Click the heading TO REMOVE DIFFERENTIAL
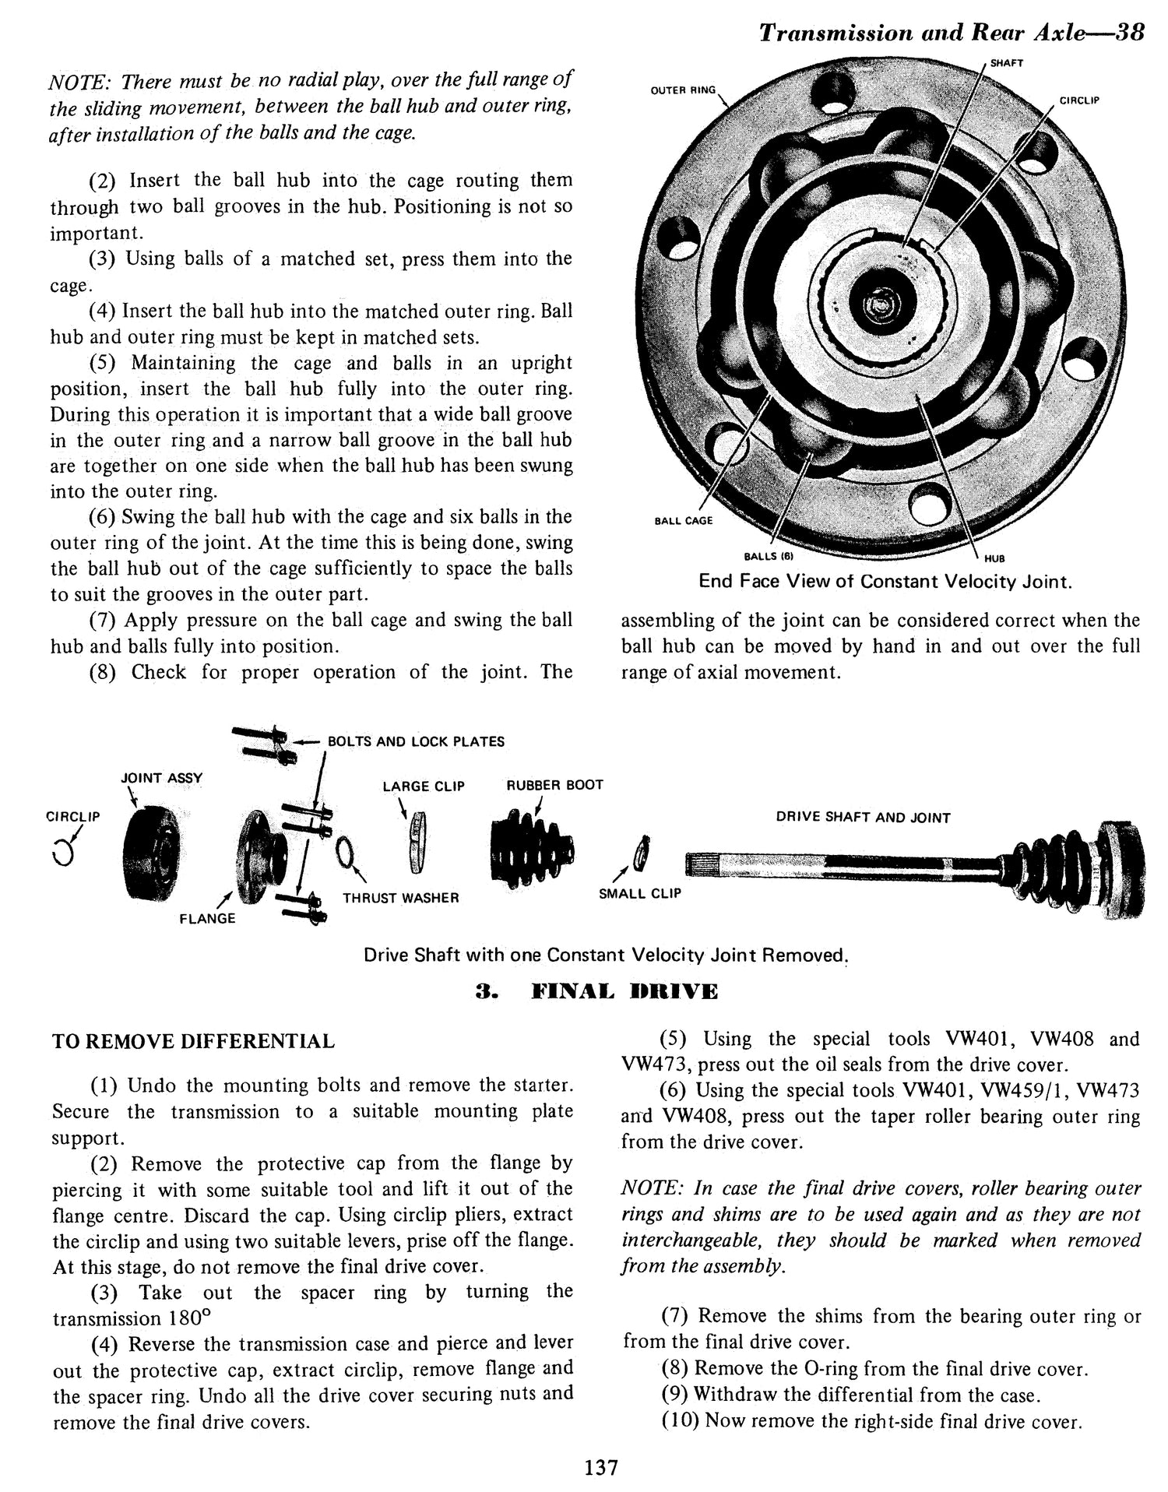coord(193,1041)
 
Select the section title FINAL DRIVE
coord(596,991)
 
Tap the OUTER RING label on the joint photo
coord(682,90)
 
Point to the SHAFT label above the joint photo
coord(1006,63)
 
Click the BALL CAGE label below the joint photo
coord(683,520)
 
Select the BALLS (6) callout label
coord(768,556)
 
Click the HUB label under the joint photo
coord(994,558)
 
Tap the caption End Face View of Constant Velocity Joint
coord(885,582)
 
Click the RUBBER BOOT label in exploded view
coord(554,785)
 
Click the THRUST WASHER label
coord(400,898)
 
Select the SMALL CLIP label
coord(639,893)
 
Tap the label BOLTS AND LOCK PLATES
coord(416,741)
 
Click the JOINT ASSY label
coord(161,778)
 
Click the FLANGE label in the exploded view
coord(207,918)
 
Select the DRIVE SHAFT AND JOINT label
coord(863,818)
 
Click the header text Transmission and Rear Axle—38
coord(951,33)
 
